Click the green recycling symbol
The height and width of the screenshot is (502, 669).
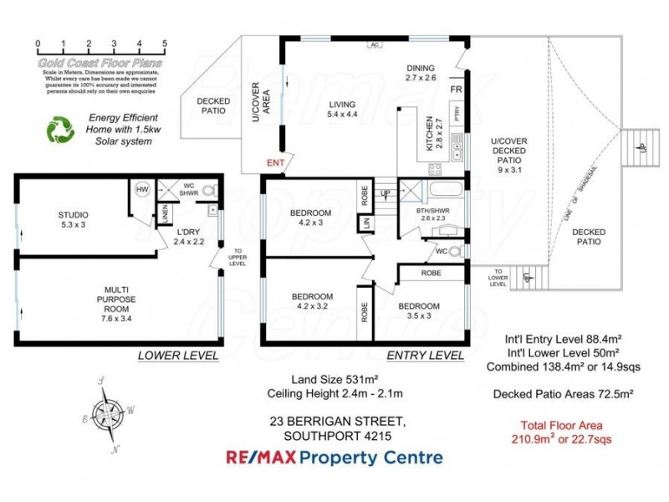click(x=59, y=130)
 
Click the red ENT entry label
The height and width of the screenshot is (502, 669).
click(x=275, y=162)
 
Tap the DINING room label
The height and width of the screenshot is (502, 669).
click(x=421, y=72)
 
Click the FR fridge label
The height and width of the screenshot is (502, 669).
click(x=457, y=90)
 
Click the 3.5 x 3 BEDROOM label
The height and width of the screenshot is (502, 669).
click(x=418, y=310)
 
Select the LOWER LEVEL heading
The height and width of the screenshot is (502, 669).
click(x=178, y=356)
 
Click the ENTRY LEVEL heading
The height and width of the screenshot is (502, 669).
click(x=425, y=356)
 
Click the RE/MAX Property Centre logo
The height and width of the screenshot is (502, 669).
click(x=334, y=457)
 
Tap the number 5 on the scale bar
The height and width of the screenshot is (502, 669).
click(x=165, y=44)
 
